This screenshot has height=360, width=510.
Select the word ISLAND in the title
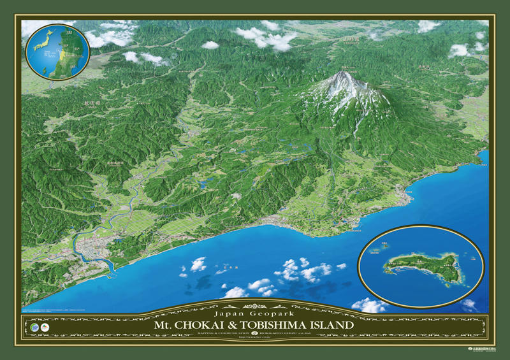click(x=334, y=325)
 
